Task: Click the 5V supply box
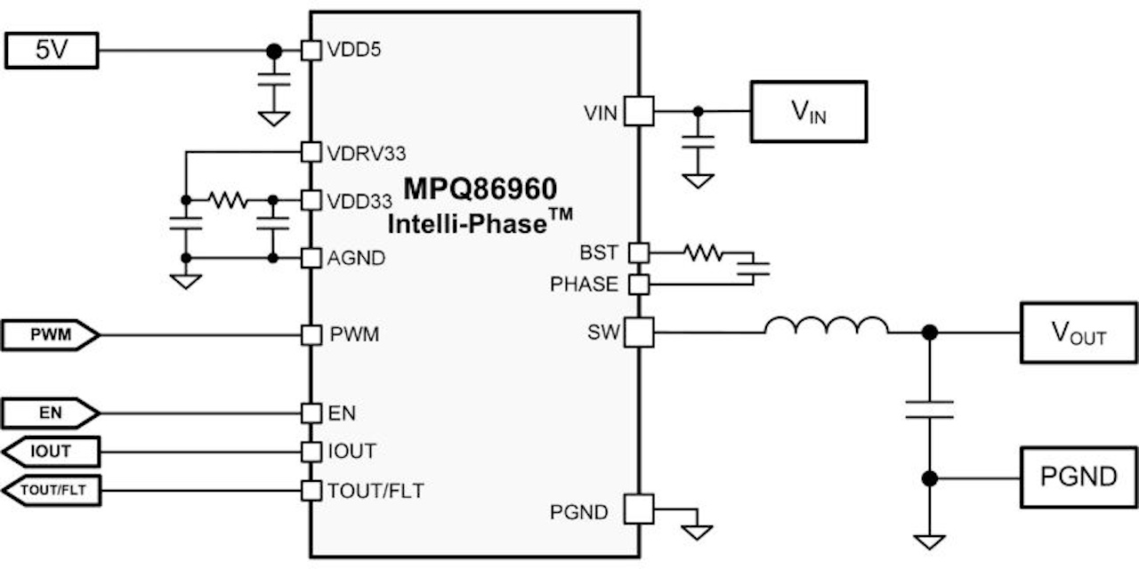[51, 51]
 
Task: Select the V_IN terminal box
[808, 111]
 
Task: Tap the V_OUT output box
[1078, 333]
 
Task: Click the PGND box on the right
[1078, 477]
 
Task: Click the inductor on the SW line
[826, 327]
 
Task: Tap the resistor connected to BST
[704, 253]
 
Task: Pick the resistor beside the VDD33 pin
[228, 200]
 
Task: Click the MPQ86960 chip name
[481, 189]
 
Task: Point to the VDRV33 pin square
[311, 152]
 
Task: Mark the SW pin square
[638, 333]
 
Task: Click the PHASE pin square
[638, 284]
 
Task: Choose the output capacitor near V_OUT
[929, 409]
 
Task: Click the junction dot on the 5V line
[275, 51]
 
